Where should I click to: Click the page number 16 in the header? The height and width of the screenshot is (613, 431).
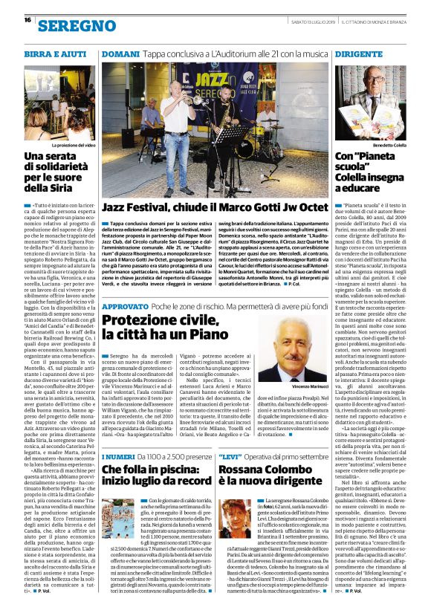(x=27, y=20)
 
